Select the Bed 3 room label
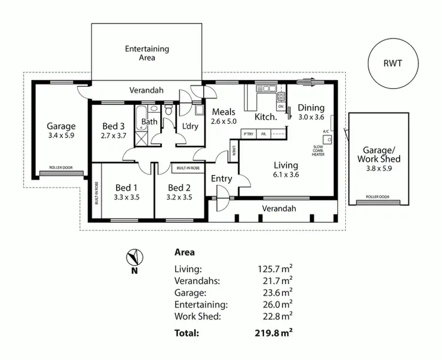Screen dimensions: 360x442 point(113,125)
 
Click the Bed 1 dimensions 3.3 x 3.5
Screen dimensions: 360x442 point(126,197)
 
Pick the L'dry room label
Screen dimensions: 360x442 point(190,126)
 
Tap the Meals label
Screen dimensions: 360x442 point(224,112)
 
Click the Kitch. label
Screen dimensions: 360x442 point(266,117)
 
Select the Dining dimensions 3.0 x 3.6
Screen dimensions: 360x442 point(311,117)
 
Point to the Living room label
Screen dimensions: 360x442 point(286,166)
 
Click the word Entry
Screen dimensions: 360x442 point(222,179)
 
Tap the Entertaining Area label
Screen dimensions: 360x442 point(147,53)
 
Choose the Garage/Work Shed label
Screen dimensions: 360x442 point(381,154)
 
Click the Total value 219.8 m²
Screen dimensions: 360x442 point(272,332)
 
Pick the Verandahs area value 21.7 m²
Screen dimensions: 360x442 point(276,280)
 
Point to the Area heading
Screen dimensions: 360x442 point(186,252)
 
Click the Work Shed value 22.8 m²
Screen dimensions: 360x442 point(276,316)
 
